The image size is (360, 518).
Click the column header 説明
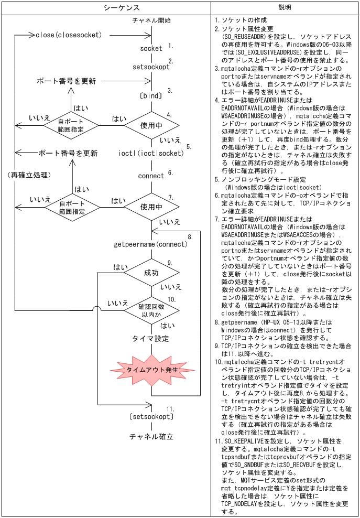pos(285,7)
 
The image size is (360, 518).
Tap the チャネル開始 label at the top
pos(151,20)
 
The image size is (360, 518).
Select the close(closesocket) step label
pos(76,35)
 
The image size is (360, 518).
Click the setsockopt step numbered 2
pos(151,67)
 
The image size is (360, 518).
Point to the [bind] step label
pos(151,96)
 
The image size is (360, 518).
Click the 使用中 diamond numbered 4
pos(151,125)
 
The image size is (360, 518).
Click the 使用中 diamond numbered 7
pos(151,207)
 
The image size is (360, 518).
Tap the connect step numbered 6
pos(151,176)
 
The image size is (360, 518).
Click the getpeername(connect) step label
pos(150,244)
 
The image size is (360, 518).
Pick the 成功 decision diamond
pos(151,272)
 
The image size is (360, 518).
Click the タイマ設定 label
pos(151,339)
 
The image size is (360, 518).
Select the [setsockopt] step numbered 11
pos(151,417)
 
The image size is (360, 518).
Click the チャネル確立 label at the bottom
pos(151,436)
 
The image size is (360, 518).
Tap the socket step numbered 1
pos(151,48)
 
